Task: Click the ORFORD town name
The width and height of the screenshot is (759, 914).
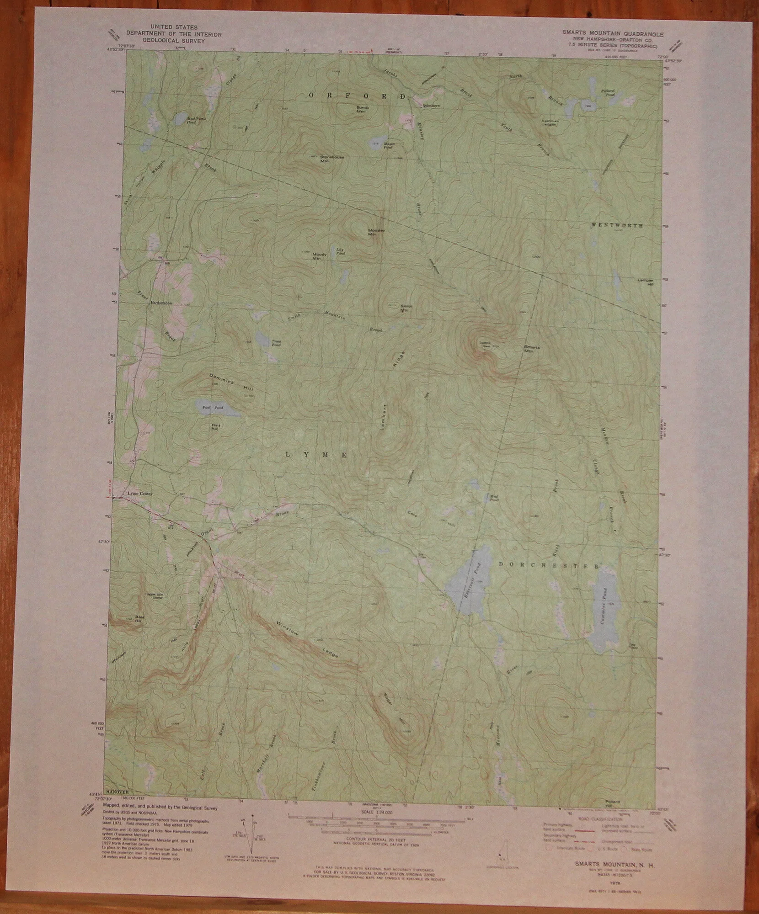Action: (x=357, y=96)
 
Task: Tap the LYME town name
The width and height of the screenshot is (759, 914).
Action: (x=317, y=455)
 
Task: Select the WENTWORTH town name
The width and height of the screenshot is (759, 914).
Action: (x=617, y=225)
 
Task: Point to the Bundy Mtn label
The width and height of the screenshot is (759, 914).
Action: (x=363, y=109)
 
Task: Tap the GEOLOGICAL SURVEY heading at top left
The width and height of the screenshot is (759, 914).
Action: (x=174, y=41)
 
